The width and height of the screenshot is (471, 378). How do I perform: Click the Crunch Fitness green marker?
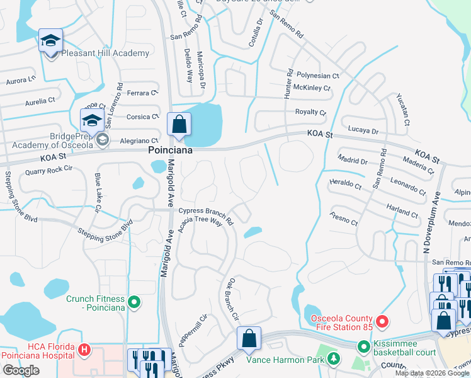[133, 303]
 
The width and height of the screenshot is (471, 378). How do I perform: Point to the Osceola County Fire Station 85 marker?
[382, 323]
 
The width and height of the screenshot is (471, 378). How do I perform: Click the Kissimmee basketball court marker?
[363, 346]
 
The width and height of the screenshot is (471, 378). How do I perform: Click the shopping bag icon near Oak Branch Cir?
[249, 338]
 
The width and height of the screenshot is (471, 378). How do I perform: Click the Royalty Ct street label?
[310, 113]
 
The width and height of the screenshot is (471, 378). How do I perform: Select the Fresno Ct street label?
[343, 219]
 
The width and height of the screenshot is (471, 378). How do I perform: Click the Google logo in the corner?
[21, 370]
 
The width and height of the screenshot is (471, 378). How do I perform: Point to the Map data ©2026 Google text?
[432, 373]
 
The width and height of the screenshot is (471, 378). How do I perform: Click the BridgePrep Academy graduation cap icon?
[92, 120]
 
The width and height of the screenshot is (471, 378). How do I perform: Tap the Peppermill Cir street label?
[193, 328]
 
